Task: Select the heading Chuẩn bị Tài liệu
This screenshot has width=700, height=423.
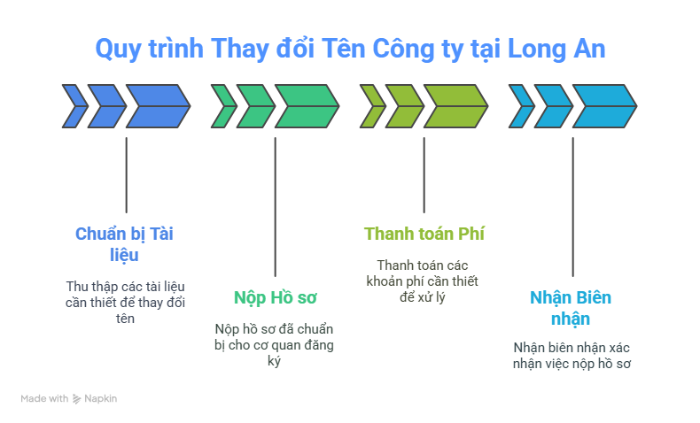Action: tap(124, 243)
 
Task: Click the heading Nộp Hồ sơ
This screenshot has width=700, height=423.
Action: tap(275, 296)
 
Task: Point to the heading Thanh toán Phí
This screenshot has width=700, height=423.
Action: tap(424, 234)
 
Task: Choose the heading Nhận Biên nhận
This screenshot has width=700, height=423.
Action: tap(571, 307)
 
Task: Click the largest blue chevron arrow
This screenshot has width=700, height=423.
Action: tap(158, 106)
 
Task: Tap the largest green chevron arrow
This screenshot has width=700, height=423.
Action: tap(307, 106)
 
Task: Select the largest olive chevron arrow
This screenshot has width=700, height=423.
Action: tap(455, 106)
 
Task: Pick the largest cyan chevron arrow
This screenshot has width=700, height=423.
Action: tap(604, 106)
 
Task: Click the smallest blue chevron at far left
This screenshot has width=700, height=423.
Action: tap(73, 106)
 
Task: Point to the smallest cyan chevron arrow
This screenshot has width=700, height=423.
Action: tap(519, 106)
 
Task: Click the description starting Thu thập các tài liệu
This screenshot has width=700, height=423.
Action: tap(125, 302)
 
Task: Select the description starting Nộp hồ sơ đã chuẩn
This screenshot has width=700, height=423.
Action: tap(275, 345)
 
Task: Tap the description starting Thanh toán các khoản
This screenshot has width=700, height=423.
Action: tap(423, 281)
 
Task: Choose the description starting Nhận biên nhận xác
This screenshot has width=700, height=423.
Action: tap(571, 355)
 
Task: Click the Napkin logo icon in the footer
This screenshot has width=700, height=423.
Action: tap(77, 399)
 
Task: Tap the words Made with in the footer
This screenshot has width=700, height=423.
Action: tap(44, 399)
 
